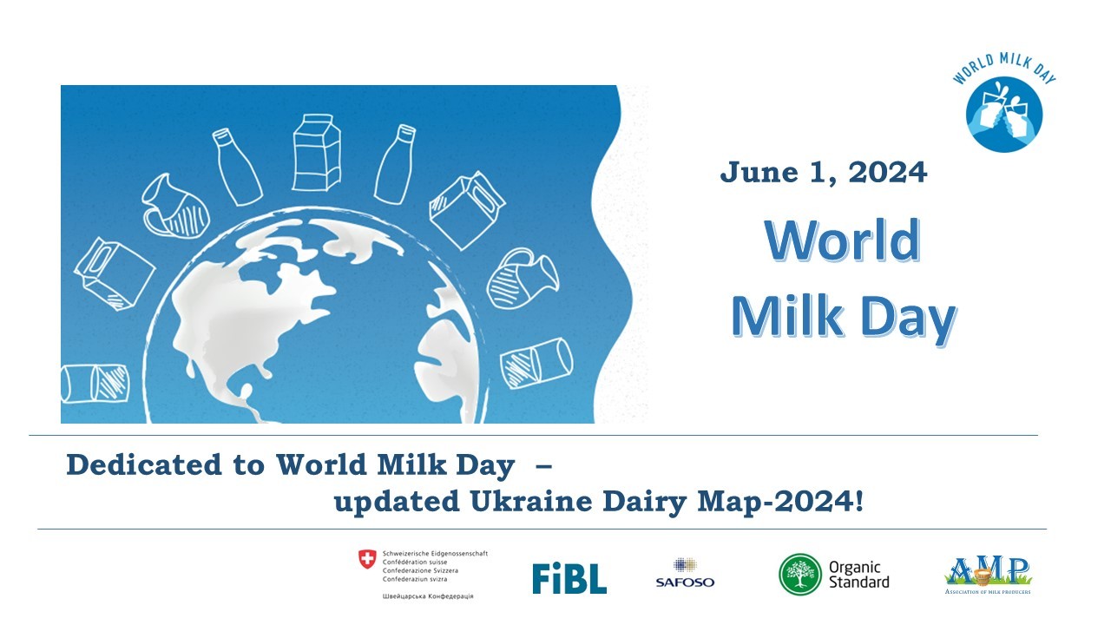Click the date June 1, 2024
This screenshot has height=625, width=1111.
(x=823, y=173)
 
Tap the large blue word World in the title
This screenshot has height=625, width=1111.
(x=842, y=240)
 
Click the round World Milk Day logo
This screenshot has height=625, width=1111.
(x=1004, y=112)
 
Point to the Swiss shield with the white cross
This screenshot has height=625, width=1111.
(x=368, y=560)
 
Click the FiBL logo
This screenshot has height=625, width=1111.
(x=569, y=577)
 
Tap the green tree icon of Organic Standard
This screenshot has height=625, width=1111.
(x=799, y=575)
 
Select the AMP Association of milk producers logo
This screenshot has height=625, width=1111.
(x=988, y=575)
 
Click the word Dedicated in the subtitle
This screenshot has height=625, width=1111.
(x=139, y=466)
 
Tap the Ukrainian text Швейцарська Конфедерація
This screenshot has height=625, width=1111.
(x=428, y=596)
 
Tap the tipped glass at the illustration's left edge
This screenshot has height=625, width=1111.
(x=93, y=383)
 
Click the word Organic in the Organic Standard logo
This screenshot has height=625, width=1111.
(x=855, y=568)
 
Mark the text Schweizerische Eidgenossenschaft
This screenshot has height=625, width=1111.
(x=435, y=553)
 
